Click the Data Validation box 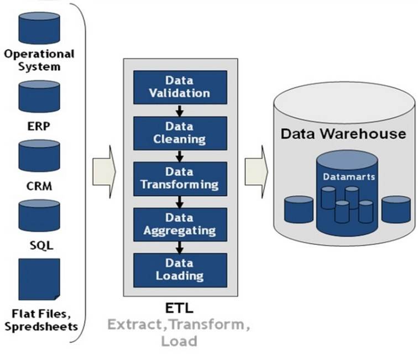point(180,86)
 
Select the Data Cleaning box point(180,132)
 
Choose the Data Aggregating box point(180,223)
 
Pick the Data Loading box point(180,269)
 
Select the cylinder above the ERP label point(39,96)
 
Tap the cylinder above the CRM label point(39,155)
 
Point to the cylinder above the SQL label point(39,216)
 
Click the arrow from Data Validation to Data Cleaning point(180,109)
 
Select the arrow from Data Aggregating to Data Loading point(180,246)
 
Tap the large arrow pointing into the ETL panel point(104,171)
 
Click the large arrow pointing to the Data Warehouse point(256,171)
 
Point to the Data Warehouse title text point(343,134)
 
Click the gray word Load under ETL point(179,341)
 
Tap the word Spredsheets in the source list point(41,326)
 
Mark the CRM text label point(39,187)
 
